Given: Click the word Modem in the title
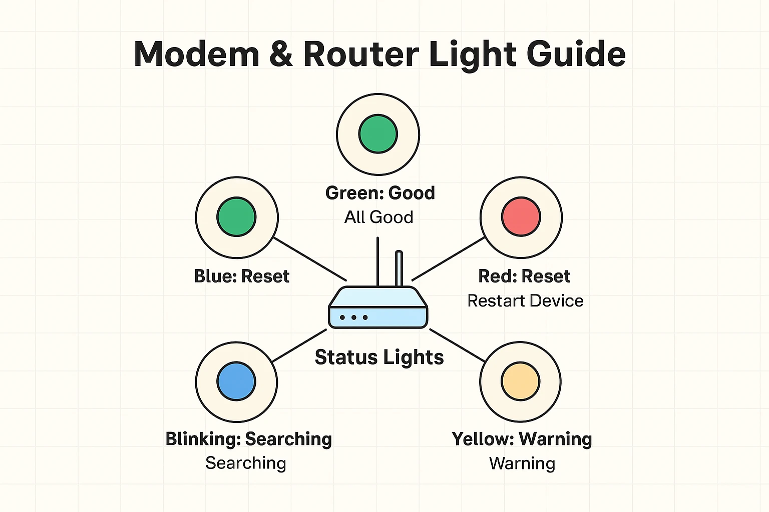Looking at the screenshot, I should point(196,54).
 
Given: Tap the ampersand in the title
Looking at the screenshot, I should point(281,54).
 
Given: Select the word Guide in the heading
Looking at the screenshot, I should point(576,54).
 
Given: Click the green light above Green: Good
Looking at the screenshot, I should point(378,134).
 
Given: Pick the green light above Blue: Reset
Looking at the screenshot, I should point(236,217).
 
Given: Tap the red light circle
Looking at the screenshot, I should point(521,217).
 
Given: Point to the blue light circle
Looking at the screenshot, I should point(236,381).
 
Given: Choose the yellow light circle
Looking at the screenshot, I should point(521,381).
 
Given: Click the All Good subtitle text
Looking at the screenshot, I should point(379,217).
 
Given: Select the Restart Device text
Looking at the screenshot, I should point(525,301).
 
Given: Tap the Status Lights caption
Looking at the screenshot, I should point(379,357).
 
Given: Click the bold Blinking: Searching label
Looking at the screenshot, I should point(249,439).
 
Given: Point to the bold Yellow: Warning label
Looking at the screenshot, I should point(522,439).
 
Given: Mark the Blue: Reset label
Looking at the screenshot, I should point(242,276).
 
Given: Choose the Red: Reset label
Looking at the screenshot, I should point(524,276).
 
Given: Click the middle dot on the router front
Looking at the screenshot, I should point(354,317).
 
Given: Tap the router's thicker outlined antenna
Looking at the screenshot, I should point(399,268).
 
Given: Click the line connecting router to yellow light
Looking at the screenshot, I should point(457,345).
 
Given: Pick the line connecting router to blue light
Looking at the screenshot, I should point(299,345).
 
